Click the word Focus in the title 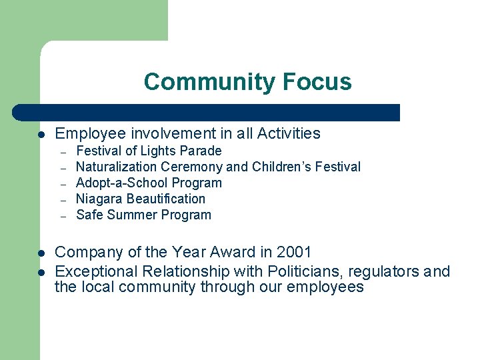click(316, 82)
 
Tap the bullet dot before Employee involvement click(41, 134)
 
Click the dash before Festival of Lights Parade click(63, 151)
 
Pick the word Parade click(201, 151)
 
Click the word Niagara click(99, 199)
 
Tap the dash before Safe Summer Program click(63, 215)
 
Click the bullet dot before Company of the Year click(41, 253)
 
